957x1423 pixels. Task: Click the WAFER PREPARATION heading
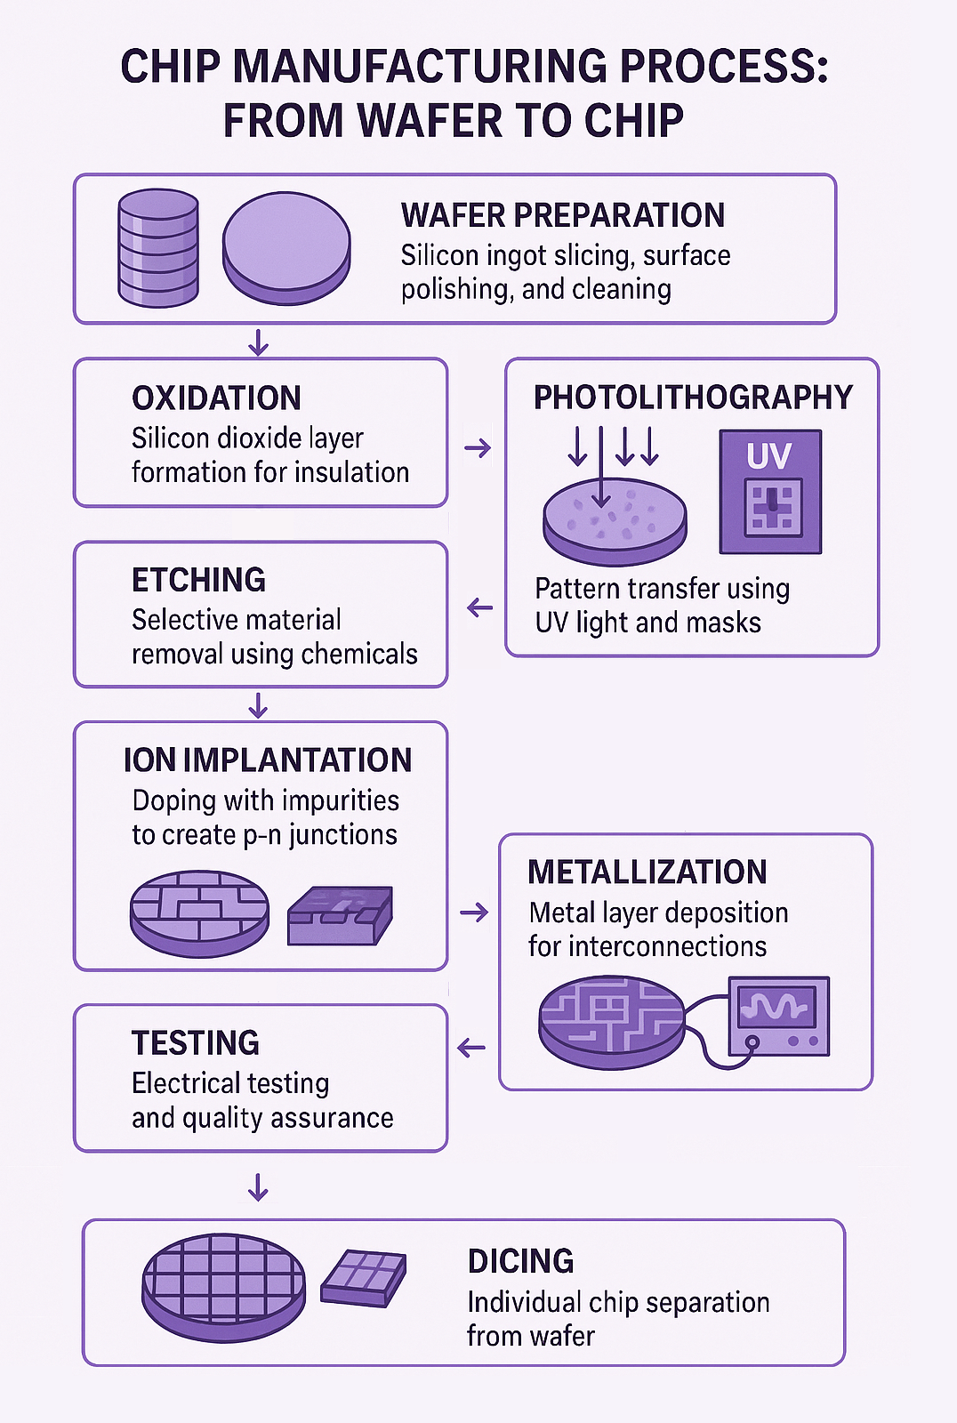click(562, 215)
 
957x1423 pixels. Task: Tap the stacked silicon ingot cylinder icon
click(158, 248)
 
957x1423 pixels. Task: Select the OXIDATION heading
click(216, 398)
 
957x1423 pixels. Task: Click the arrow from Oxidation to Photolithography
click(478, 448)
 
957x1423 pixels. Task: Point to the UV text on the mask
click(769, 455)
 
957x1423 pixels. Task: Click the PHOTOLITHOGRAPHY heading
click(693, 398)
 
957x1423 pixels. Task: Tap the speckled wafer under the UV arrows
click(615, 521)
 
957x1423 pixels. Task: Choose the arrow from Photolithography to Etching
click(479, 607)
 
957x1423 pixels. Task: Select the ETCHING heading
click(198, 580)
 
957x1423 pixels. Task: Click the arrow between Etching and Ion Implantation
click(258, 705)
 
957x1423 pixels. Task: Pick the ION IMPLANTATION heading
click(268, 760)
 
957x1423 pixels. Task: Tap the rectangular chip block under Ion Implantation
click(340, 915)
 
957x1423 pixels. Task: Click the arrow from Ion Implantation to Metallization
click(474, 912)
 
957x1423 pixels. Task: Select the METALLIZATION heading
click(647, 872)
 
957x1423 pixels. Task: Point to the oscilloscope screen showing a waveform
click(777, 1008)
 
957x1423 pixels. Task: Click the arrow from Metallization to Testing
click(470, 1047)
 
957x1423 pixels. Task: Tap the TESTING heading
click(195, 1043)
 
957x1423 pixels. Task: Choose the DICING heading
click(520, 1261)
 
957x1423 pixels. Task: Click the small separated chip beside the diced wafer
click(363, 1278)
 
